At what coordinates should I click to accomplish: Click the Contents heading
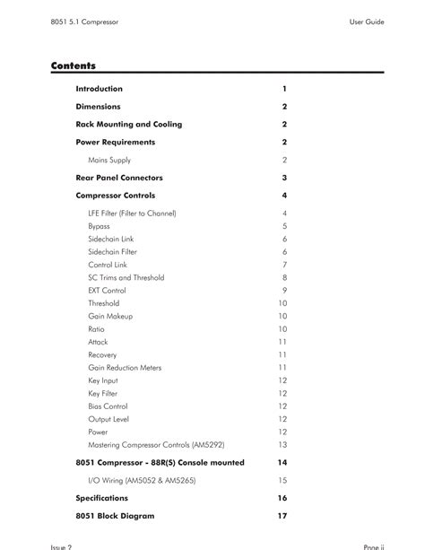74,65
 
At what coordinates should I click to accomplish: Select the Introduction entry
100,89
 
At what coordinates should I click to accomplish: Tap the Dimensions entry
98,107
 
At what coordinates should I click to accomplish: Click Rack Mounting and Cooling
128,125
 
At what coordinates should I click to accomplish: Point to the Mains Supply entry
109,160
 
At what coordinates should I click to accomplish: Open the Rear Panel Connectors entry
119,178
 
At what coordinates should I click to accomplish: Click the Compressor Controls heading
115,195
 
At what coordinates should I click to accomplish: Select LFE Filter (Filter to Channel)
132,214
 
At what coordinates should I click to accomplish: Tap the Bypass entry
99,226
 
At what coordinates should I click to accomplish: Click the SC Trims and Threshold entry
126,278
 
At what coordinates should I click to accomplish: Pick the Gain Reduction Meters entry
125,368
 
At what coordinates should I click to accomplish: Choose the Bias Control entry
108,406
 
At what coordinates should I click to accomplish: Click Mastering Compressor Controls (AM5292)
156,445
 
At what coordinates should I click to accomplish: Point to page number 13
282,445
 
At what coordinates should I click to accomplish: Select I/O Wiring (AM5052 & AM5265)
142,480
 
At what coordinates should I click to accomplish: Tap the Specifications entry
101,498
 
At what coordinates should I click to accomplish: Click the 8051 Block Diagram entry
115,516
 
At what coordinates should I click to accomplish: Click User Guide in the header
367,22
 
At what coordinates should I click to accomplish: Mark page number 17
282,516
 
